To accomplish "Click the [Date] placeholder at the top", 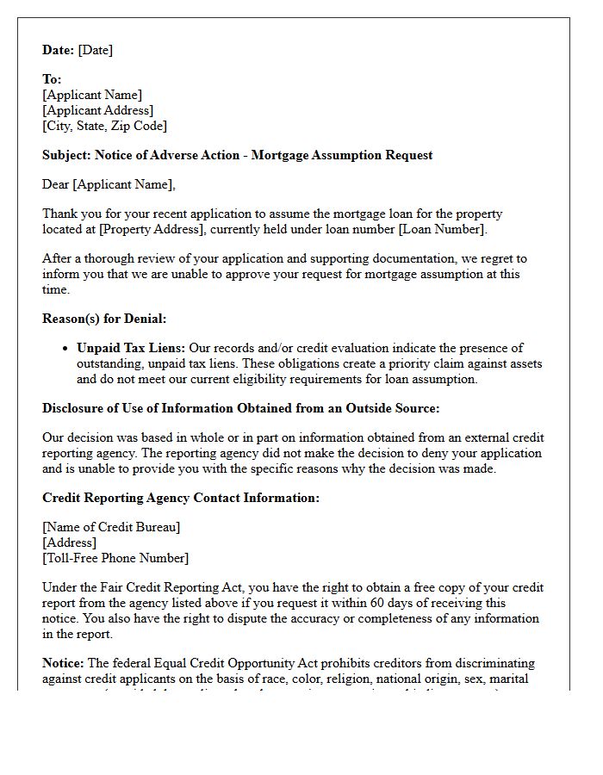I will pyautogui.click(x=95, y=50).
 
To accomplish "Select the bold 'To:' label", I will pyautogui.click(x=52, y=79).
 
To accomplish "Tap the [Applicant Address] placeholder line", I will pyautogui.click(x=97, y=110).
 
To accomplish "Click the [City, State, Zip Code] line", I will pyautogui.click(x=104, y=126).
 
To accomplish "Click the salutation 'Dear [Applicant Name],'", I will pyautogui.click(x=109, y=184).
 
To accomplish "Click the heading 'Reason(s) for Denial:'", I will pyautogui.click(x=104, y=319).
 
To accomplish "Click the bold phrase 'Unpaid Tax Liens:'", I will pyautogui.click(x=130, y=348).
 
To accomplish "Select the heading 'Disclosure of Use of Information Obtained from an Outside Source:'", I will pyautogui.click(x=241, y=408).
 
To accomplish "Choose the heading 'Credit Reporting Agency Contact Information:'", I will pyautogui.click(x=181, y=498).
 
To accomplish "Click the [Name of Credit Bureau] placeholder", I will pyautogui.click(x=111, y=527).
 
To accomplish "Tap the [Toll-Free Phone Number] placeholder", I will pyautogui.click(x=115, y=558).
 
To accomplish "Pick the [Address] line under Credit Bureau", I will pyautogui.click(x=69, y=542).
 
